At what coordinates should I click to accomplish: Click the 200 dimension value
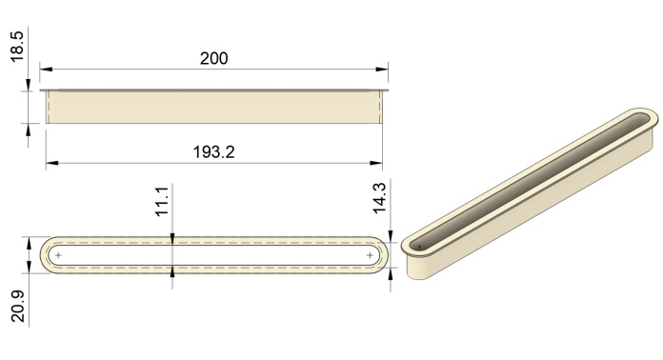(x=214, y=58)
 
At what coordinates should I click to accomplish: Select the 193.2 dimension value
(x=213, y=151)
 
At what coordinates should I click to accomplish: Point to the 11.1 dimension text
(x=163, y=201)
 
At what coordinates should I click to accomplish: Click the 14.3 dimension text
(x=379, y=198)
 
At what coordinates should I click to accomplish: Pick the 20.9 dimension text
(x=19, y=306)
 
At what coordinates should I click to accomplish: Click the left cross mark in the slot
(x=58, y=255)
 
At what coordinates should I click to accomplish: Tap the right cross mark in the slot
(x=370, y=255)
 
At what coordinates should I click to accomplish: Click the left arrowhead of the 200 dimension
(x=46, y=69)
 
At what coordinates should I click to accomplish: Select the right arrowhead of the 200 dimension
(x=382, y=69)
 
